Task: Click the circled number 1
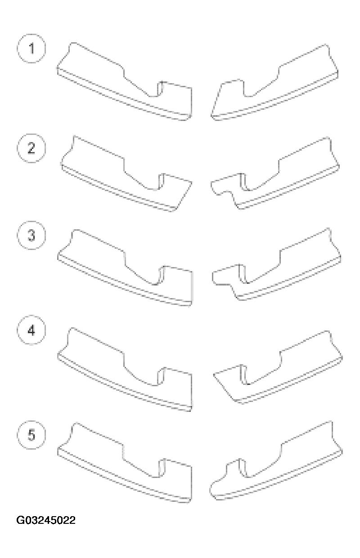tap(31, 49)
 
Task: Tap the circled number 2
tap(31, 148)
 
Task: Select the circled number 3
tap(31, 236)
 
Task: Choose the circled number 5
tap(31, 435)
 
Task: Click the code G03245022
tap(46, 520)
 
